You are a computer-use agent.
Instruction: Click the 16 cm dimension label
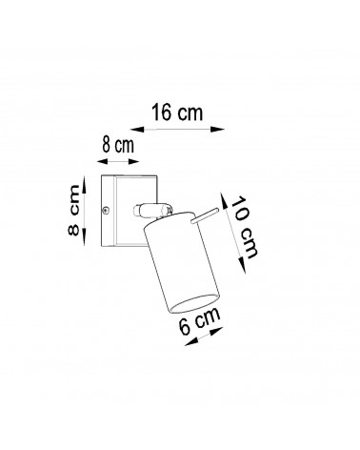pyautogui.click(x=177, y=112)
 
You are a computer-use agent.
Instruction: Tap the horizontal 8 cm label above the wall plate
pyautogui.click(x=118, y=146)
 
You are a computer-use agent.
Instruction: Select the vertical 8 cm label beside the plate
pyautogui.click(x=73, y=210)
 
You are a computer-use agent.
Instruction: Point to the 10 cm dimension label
pyautogui.click(x=244, y=227)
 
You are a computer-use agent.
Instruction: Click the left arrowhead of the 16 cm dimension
pyautogui.click(x=137, y=129)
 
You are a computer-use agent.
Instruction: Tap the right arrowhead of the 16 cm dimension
pyautogui.click(x=218, y=129)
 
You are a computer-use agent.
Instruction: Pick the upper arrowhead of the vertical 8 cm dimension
pyautogui.click(x=85, y=185)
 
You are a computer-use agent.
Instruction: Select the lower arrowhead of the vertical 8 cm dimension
pyautogui.click(x=85, y=236)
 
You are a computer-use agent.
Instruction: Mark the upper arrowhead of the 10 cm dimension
pyautogui.click(x=224, y=200)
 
